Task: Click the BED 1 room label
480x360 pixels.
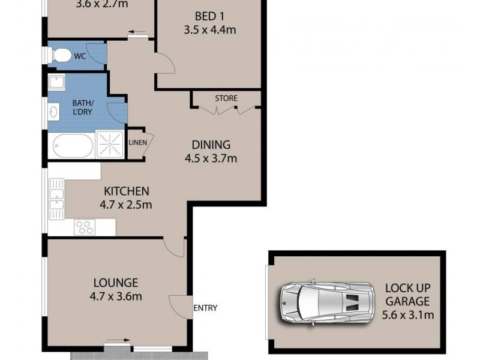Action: (209, 16)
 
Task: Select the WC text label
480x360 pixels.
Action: (80, 56)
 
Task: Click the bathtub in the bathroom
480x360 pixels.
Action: (73, 145)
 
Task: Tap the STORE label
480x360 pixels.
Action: (226, 98)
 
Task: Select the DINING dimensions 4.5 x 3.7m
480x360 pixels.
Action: (211, 159)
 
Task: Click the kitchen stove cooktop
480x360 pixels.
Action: (84, 227)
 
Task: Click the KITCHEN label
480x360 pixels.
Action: (126, 191)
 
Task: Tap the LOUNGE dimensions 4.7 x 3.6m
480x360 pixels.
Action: (116, 296)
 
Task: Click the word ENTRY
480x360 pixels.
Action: (205, 308)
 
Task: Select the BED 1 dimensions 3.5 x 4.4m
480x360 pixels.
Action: (209, 29)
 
